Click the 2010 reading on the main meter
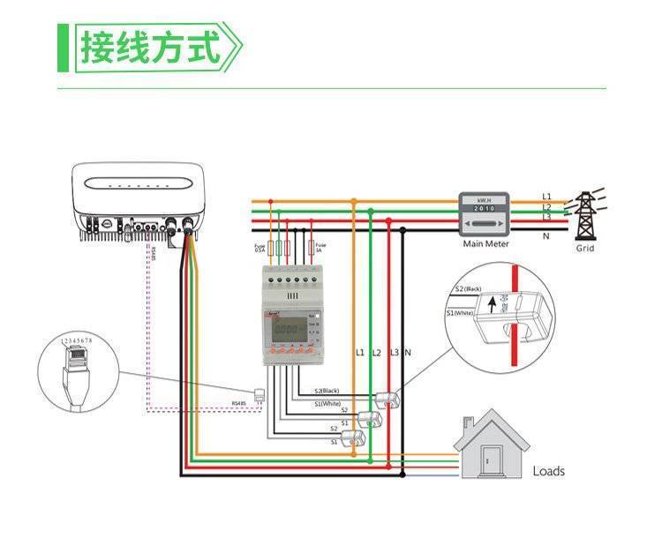point(485,209)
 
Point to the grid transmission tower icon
point(585,214)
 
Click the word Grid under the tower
point(585,248)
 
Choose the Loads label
point(548,471)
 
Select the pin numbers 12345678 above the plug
point(77,340)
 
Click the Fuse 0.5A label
point(260,248)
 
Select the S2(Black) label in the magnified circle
point(467,288)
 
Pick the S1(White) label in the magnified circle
point(461,312)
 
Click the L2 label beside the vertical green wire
point(376,353)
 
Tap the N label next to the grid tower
point(546,235)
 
